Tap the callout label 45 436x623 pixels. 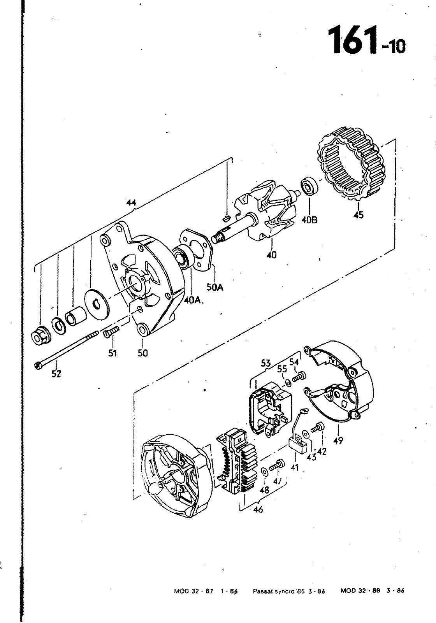tap(359, 215)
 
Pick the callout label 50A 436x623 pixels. tap(215, 287)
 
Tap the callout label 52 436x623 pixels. tap(56, 374)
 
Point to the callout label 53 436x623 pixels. tap(266, 363)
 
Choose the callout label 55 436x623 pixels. tap(282, 369)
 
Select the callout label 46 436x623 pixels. tap(258, 509)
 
